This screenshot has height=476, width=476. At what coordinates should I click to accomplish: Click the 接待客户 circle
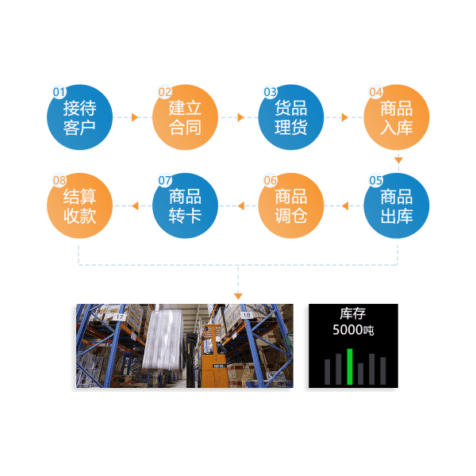pos(79,117)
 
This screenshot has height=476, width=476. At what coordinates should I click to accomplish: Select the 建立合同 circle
pos(185,117)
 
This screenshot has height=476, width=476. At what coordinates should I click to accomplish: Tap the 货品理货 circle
pos(290,117)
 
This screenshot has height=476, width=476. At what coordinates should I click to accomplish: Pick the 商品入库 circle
pos(397,117)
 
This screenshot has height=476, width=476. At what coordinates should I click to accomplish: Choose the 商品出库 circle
pos(397,206)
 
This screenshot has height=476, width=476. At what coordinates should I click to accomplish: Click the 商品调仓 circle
pos(290,206)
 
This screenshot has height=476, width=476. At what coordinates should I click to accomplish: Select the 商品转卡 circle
pos(185,206)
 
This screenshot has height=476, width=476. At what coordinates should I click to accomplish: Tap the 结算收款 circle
pos(79,206)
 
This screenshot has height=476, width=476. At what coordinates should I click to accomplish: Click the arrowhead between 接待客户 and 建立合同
pos(135,117)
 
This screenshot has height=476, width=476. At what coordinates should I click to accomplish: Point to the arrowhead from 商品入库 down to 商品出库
pos(397,160)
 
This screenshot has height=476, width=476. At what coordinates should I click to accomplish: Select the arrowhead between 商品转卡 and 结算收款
pos(134,206)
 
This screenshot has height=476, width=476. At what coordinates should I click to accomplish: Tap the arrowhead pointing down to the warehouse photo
pos(238,296)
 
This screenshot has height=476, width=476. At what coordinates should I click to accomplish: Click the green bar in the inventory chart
pos(350,367)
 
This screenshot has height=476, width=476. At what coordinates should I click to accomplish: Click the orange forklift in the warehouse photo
pos(211,357)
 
